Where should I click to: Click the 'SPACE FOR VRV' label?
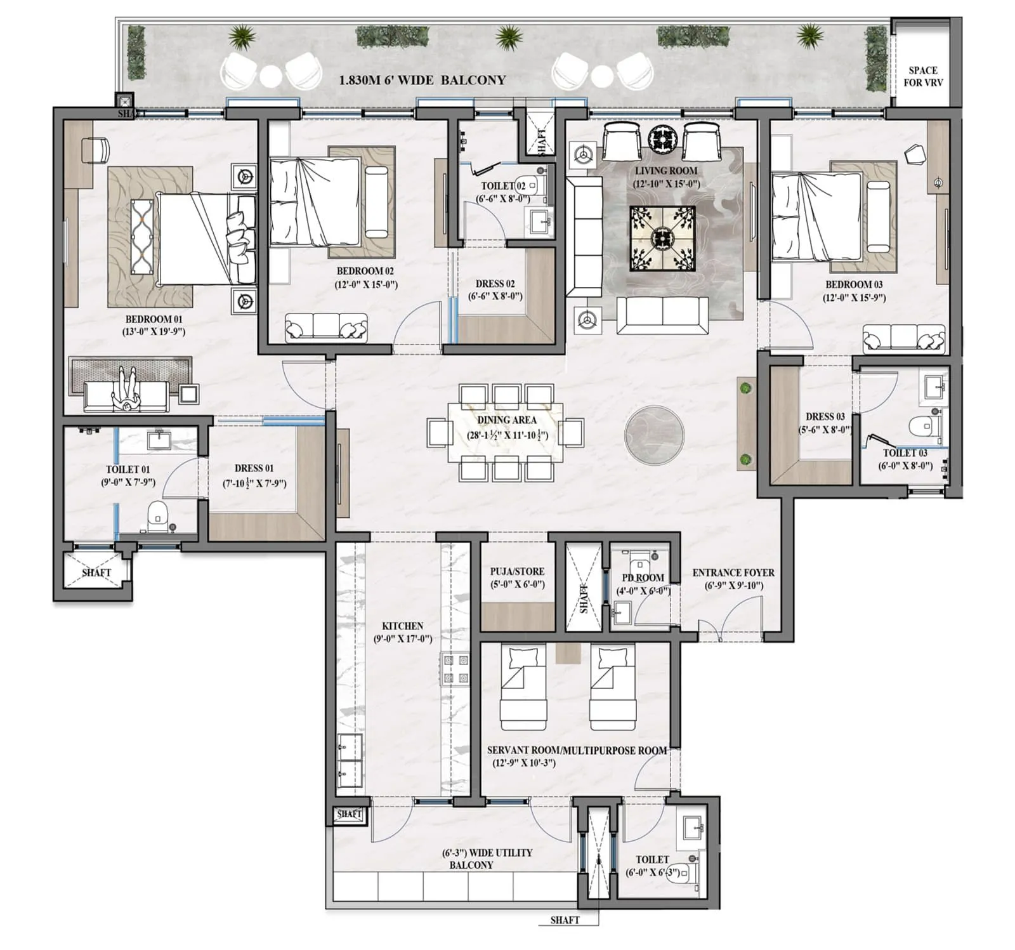(922, 76)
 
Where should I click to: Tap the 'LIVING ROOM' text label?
(665, 171)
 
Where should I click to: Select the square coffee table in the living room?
(662, 239)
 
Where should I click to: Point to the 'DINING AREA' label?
(506, 420)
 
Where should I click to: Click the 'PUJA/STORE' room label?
(517, 571)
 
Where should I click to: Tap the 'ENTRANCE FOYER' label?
(733, 572)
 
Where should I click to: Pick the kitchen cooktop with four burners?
(455, 670)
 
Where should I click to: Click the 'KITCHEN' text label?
(402, 626)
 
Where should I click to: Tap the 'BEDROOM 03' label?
(853, 284)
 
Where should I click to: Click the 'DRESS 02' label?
(495, 284)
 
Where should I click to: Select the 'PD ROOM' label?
(642, 577)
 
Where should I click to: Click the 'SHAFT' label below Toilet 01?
(96, 572)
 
